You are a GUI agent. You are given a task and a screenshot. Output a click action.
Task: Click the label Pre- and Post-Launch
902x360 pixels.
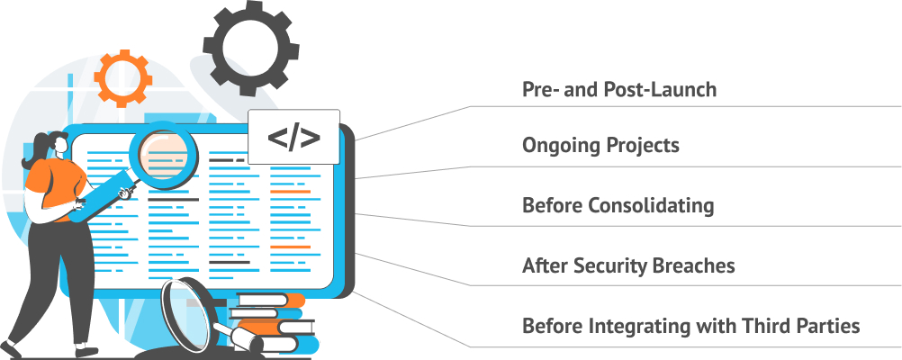point(619,90)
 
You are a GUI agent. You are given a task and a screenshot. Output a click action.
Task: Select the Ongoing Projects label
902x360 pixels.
point(600,146)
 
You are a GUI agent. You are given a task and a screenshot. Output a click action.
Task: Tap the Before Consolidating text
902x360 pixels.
point(618,205)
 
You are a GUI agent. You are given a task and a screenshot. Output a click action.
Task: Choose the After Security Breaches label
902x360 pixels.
point(628,266)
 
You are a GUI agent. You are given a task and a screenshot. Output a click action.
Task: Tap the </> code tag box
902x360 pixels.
point(293,138)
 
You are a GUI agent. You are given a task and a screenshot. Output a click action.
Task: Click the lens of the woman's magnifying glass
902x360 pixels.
point(163,148)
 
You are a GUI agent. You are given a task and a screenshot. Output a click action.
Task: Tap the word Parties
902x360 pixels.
point(829,326)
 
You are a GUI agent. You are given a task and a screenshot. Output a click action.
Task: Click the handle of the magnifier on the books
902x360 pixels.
point(242,337)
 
